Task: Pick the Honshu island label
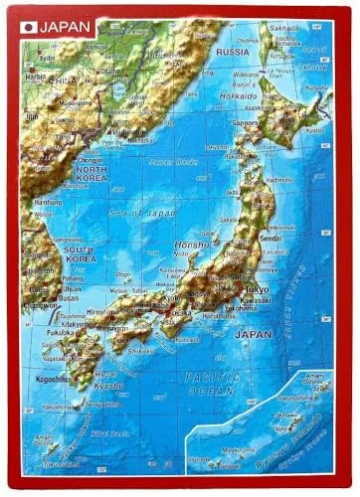[x=189, y=244]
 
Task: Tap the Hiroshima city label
[x=102, y=311]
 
